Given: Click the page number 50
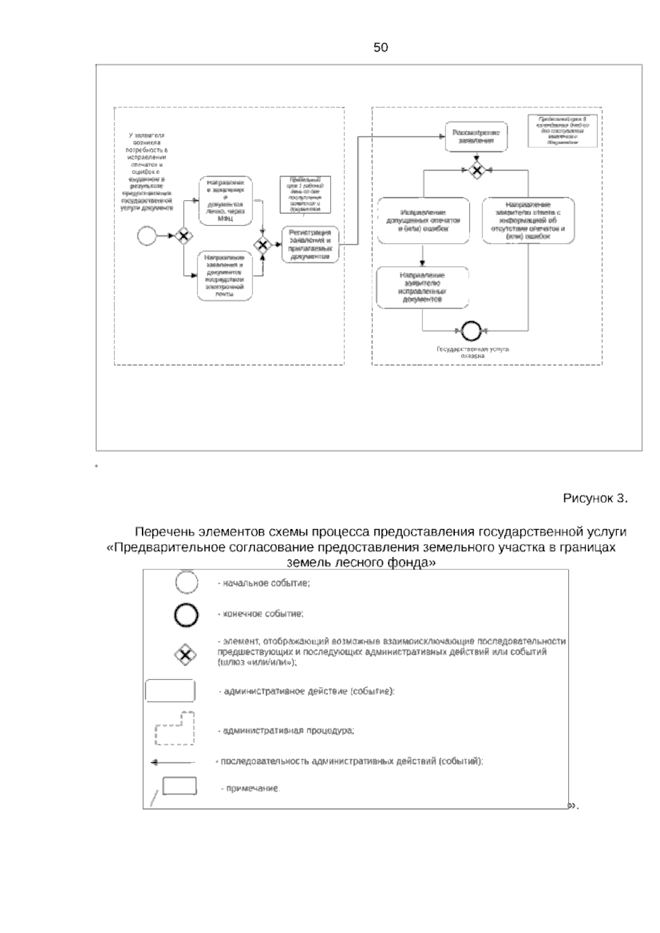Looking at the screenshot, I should (x=381, y=48).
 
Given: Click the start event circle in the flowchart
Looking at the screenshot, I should (x=147, y=236).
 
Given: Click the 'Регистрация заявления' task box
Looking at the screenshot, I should (x=310, y=244).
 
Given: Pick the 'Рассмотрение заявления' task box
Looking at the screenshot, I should (x=476, y=136).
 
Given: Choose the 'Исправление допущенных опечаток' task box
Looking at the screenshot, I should (x=423, y=220).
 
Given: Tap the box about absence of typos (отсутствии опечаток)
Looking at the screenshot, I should (x=529, y=220).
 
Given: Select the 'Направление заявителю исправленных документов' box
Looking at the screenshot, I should (x=422, y=287).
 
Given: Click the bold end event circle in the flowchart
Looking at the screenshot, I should (x=471, y=331).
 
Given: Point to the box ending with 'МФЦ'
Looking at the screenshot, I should (x=226, y=200).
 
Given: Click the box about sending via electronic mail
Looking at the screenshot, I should (x=225, y=275).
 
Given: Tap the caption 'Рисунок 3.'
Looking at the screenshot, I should (x=595, y=498).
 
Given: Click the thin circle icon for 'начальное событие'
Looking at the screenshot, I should (x=186, y=583).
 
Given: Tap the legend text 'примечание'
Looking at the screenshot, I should (x=250, y=789).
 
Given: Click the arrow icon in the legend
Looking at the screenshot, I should (x=173, y=762).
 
